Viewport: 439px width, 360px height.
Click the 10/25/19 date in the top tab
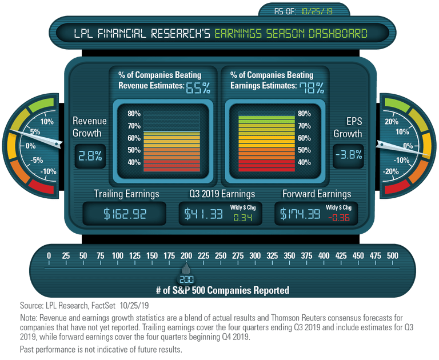click(x=317, y=11)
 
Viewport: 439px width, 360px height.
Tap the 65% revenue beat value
click(x=198, y=88)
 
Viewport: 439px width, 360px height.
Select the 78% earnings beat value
click(x=312, y=88)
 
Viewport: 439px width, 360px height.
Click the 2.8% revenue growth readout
click(x=90, y=156)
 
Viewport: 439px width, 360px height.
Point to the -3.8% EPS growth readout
click(x=349, y=154)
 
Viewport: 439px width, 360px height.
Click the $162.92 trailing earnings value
click(x=125, y=214)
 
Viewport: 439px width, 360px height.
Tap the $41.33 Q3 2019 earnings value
click(x=203, y=214)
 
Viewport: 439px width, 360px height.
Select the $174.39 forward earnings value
click(x=300, y=214)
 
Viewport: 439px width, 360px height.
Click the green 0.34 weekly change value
click(x=243, y=218)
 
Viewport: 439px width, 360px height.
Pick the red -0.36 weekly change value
click(x=339, y=218)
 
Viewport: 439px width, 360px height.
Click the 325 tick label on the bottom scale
click(x=272, y=255)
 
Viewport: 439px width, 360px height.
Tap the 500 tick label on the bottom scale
click(x=393, y=255)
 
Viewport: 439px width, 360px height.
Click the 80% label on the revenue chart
click(x=134, y=113)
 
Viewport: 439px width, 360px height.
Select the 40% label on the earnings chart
click(x=304, y=162)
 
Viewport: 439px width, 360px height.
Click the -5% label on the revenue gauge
click(x=37, y=160)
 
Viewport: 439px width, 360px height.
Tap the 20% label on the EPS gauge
click(x=392, y=122)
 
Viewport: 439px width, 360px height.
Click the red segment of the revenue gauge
click(x=41, y=186)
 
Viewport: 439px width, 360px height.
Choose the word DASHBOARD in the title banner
click(x=338, y=34)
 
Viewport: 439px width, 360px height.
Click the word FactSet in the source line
click(x=103, y=305)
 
